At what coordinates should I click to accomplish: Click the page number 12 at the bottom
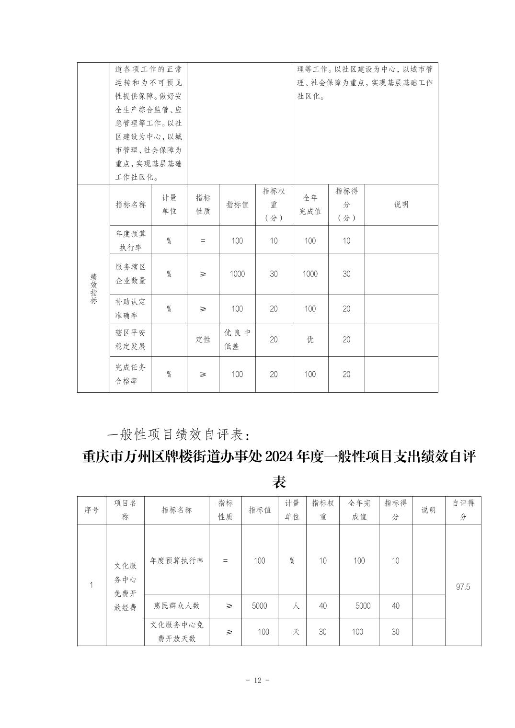point(257,680)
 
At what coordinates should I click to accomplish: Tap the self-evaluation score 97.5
point(463,586)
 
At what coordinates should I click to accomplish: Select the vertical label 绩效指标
point(93,288)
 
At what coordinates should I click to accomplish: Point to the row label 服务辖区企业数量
point(130,274)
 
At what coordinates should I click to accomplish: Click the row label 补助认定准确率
point(130,309)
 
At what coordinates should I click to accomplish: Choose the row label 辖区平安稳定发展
point(130,340)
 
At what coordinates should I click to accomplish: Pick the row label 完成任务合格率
point(130,374)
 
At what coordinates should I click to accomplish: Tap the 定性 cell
point(203,340)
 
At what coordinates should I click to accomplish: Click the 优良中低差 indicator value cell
point(237,340)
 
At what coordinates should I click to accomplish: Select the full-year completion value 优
point(310,340)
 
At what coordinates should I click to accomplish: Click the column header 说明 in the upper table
point(401,205)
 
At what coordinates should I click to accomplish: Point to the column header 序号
point(92,510)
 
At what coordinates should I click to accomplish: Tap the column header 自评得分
point(463,510)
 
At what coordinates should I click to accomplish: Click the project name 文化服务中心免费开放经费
point(125,586)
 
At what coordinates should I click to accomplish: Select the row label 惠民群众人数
point(176,606)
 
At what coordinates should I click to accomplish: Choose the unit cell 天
point(296,632)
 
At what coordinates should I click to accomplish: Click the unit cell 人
point(296,606)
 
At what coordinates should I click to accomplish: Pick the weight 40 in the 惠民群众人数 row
point(323,606)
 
